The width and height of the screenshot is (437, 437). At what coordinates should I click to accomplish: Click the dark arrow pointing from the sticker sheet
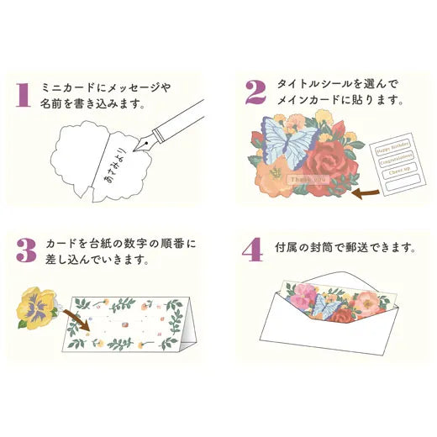367,195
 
